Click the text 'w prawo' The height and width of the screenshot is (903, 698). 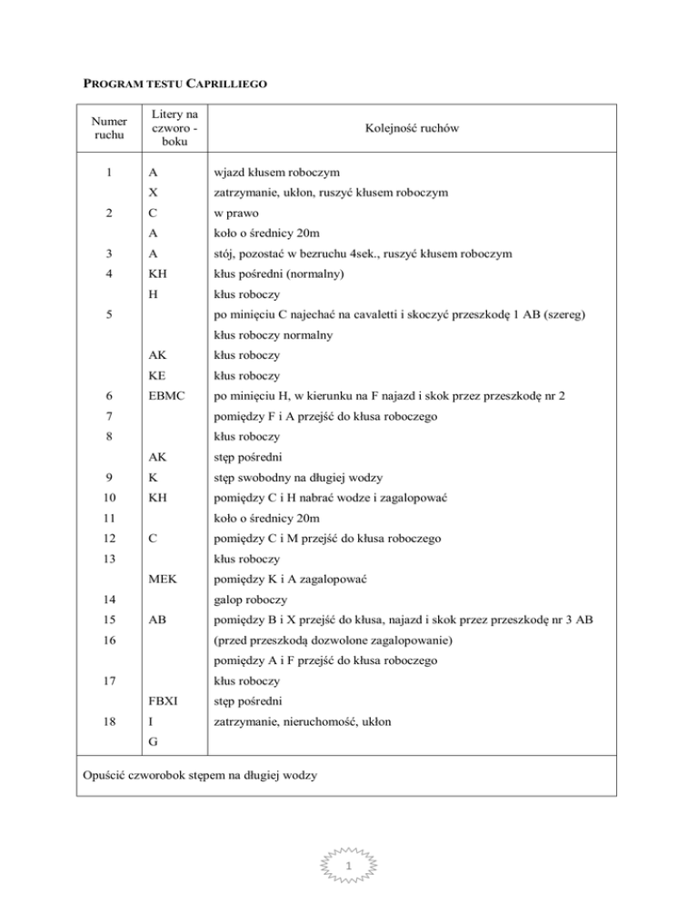coord(239,213)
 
